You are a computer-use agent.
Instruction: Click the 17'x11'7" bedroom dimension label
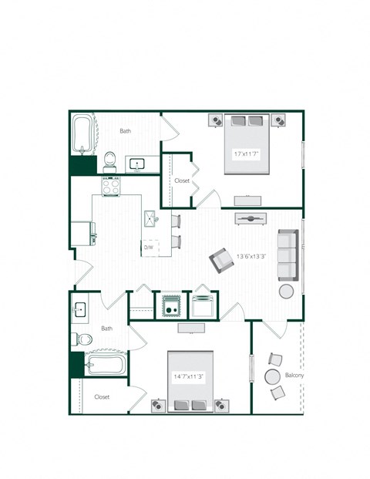click(244, 154)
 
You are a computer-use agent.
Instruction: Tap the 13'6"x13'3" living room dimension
click(251, 256)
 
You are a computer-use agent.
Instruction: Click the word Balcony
click(294, 376)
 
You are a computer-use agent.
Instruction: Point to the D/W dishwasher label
click(149, 248)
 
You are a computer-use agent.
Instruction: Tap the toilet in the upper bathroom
click(110, 161)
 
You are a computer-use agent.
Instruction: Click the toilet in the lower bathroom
click(85, 338)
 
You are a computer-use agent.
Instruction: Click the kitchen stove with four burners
click(112, 186)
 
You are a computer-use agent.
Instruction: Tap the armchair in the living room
click(221, 260)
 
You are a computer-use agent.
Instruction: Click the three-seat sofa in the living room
click(287, 255)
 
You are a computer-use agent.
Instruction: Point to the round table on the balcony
click(272, 377)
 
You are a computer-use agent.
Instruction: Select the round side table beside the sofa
click(286, 292)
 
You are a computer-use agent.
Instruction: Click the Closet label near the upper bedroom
click(182, 180)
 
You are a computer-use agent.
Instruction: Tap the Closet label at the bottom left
click(102, 396)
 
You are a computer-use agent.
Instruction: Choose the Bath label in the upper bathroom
click(125, 131)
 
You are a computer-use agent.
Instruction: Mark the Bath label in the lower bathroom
click(106, 329)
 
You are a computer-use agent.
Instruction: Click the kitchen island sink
click(150, 218)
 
